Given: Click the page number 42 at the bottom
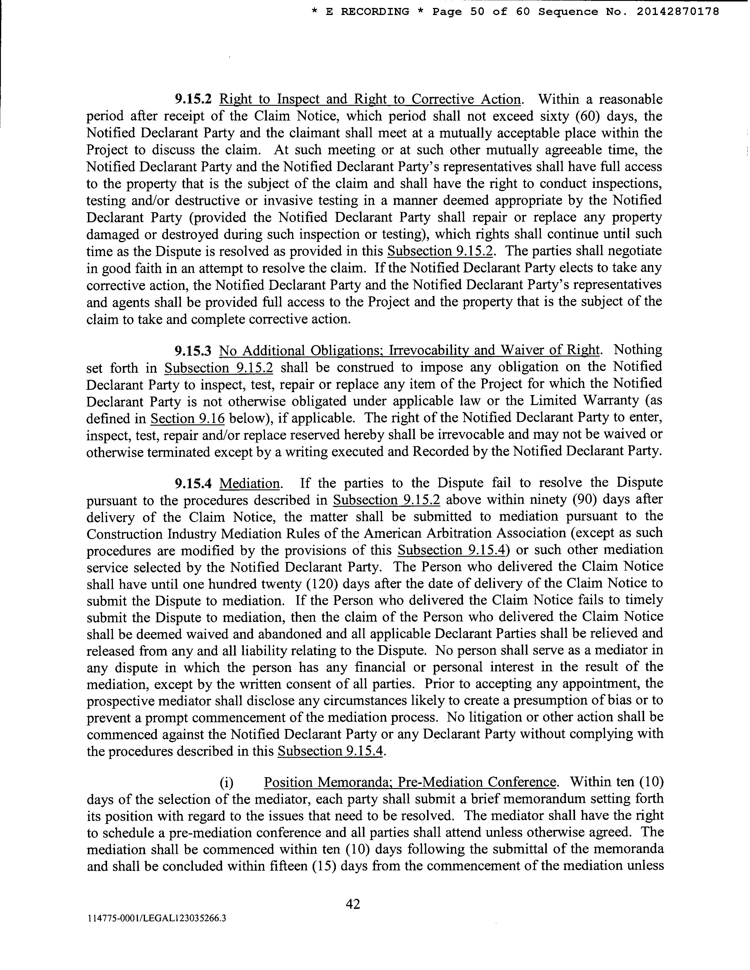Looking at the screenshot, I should pyautogui.click(x=353, y=904).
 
